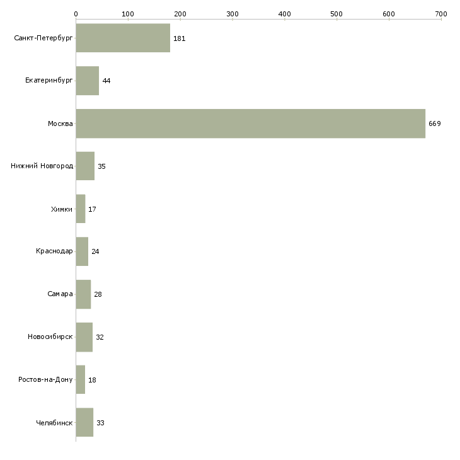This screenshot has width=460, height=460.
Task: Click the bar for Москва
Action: point(250,124)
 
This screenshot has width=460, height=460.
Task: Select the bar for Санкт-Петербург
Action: point(123,38)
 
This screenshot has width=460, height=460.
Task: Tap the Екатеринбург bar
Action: point(88,81)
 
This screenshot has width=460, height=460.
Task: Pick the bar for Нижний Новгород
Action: point(85,166)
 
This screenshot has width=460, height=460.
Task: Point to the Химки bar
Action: point(81,209)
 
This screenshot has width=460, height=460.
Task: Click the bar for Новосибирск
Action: point(84,336)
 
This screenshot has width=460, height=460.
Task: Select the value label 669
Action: point(435,124)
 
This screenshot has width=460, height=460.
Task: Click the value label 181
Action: point(179,38)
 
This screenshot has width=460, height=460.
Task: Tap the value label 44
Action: point(106,81)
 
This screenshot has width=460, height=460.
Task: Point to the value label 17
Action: point(92,209)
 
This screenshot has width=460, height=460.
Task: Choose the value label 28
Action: point(98,294)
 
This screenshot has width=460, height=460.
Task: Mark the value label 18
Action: point(92,380)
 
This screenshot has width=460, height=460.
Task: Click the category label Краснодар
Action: point(54,251)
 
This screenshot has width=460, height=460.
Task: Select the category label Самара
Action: point(60,294)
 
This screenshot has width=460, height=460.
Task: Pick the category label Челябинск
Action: point(54,422)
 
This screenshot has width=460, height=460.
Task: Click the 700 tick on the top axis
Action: point(440,13)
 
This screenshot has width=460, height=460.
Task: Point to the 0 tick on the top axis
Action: point(76,13)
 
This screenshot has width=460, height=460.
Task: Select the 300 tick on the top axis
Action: point(232,13)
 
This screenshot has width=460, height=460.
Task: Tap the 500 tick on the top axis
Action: point(336,13)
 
